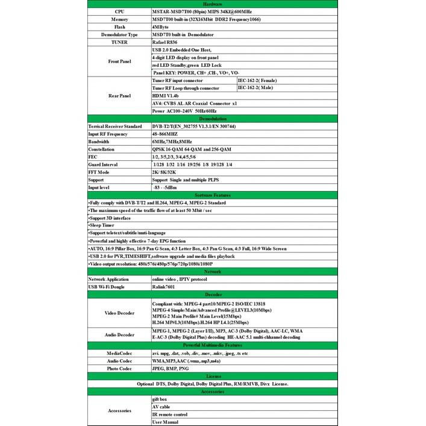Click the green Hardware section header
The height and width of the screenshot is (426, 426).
pos(213,4)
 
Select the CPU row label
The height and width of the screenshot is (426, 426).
pos(119,11)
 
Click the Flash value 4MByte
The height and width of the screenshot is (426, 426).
pos(161,27)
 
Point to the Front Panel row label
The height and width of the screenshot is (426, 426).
pos(119,61)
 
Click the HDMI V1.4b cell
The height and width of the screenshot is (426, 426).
pos(165,95)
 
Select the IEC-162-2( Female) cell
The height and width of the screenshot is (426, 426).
pos(258,80)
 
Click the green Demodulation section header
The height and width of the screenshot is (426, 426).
pos(213,119)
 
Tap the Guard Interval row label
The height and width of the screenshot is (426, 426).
pos(103,164)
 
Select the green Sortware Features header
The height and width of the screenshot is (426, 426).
pos(213,195)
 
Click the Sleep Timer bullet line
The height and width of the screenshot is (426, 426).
pos(102,225)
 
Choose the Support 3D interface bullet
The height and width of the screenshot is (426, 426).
pos(110,218)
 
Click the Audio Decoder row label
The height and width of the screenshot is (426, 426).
pos(119,334)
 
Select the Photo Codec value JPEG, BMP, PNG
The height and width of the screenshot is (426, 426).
pos(171,368)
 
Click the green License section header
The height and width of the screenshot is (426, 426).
pos(213,376)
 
